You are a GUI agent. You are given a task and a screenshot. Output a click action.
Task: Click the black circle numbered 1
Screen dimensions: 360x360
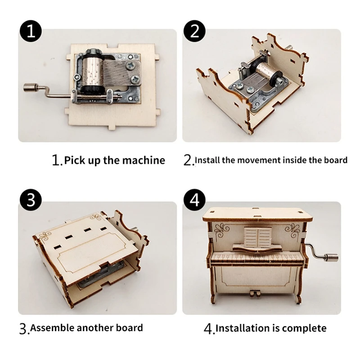[31, 31]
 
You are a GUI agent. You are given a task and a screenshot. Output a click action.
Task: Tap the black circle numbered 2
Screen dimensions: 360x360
[194, 31]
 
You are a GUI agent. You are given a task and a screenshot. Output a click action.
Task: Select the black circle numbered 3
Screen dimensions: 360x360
[31, 199]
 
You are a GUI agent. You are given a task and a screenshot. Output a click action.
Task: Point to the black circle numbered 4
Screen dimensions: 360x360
[194, 199]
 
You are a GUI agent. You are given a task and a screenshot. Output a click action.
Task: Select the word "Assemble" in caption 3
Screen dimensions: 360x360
[52, 328]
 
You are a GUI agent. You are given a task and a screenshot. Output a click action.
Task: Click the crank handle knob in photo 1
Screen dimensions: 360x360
[30, 87]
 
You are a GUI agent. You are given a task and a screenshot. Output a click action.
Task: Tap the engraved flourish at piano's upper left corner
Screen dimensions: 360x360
[221, 230]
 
